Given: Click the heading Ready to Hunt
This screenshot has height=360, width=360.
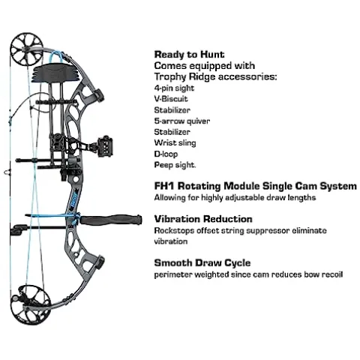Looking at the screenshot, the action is pyautogui.click(x=189, y=55).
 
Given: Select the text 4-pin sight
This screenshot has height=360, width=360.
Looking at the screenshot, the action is pyautogui.click(x=174, y=88).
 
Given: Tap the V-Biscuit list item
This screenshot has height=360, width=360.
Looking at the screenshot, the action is pyautogui.click(x=171, y=99).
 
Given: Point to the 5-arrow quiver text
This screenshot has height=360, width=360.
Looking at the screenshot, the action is pyautogui.click(x=182, y=121).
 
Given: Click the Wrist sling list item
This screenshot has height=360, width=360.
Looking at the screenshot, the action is pyautogui.click(x=175, y=142).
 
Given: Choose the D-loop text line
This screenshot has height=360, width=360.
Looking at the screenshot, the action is pyautogui.click(x=166, y=154).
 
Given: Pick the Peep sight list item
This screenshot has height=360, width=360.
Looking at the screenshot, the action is pyautogui.click(x=175, y=165).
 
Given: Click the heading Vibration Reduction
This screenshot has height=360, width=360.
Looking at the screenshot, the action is pyautogui.click(x=203, y=219).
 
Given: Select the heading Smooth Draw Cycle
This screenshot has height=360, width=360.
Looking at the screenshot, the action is pyautogui.click(x=202, y=263).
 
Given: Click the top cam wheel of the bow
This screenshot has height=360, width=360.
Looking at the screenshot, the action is pyautogui.click(x=26, y=49).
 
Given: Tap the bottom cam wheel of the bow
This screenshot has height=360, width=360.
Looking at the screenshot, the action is pyautogui.click(x=30, y=304).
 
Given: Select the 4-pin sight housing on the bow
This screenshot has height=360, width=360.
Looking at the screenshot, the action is pyautogui.click(x=105, y=146).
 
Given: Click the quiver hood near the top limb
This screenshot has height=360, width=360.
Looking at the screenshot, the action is pyautogui.click(x=57, y=72).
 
